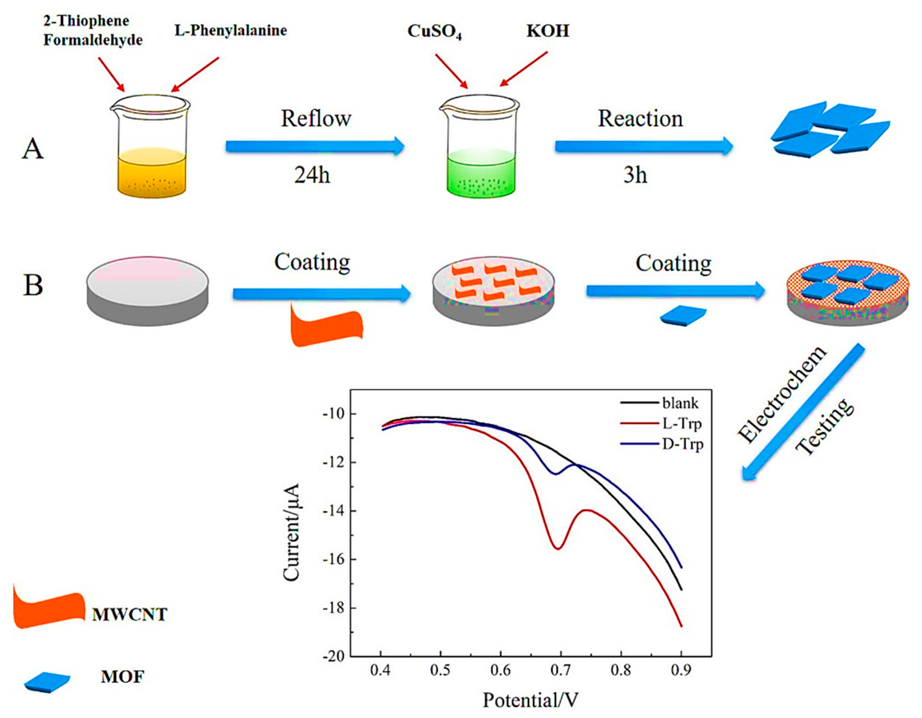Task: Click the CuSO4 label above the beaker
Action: pyautogui.click(x=434, y=32)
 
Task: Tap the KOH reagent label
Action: pyautogui.click(x=548, y=31)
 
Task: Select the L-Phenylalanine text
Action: pyautogui.click(x=230, y=31)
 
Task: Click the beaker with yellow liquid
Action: pyautogui.click(x=150, y=148)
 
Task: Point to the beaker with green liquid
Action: pyautogui.click(x=480, y=148)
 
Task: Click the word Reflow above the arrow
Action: pyautogui.click(x=316, y=119)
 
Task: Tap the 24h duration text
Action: pyautogui.click(x=312, y=174)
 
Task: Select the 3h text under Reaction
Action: pyautogui.click(x=635, y=174)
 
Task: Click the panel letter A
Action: pyautogui.click(x=32, y=149)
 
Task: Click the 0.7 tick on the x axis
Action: pyautogui.click(x=560, y=670)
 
